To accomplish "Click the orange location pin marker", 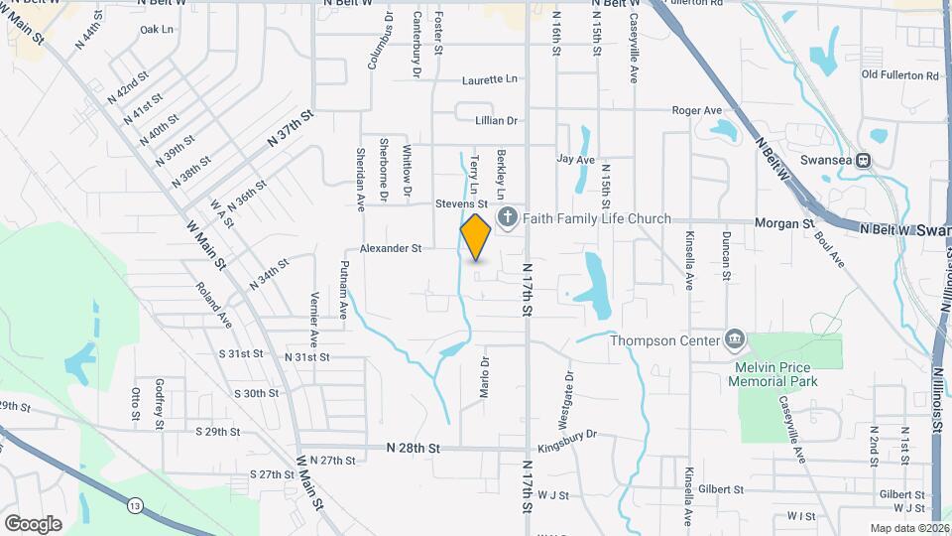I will pos(476,236).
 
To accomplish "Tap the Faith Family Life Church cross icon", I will pos(507,218).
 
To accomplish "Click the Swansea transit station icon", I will pos(864,159).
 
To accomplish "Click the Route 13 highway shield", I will pos(133,507).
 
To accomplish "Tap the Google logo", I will pos(33,523).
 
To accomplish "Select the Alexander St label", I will pos(391,247).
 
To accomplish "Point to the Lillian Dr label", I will pos(497,120).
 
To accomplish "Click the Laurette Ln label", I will pos(490,78).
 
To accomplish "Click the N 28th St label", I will pos(413,449).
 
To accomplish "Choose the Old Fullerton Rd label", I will pos(900,74).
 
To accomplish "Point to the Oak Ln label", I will pos(157,30).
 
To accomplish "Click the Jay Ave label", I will pos(575,159).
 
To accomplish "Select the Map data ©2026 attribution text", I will pos(908,528).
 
